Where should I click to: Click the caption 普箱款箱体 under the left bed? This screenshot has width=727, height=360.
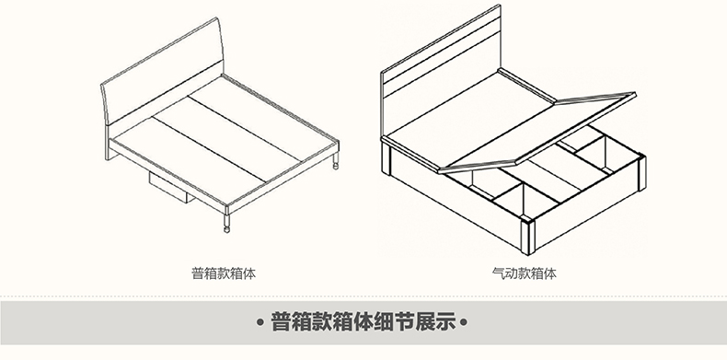click(224, 273)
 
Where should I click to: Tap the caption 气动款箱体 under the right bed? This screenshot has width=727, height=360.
click(524, 273)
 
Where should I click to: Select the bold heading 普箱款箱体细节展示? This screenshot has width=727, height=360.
click(363, 322)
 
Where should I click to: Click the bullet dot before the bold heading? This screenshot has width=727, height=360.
click(260, 322)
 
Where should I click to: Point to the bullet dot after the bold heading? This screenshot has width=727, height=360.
click(463, 322)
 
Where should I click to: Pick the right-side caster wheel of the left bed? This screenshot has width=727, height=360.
click(336, 166)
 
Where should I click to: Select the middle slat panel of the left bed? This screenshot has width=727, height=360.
click(226, 139)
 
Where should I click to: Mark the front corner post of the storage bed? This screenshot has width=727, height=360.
click(528, 237)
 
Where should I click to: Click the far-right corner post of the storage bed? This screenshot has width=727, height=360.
click(642, 172)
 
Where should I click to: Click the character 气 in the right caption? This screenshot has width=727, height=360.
click(499, 273)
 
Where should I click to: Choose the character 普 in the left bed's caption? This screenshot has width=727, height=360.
click(199, 273)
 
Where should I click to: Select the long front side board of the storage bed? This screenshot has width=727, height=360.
click(456, 204)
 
